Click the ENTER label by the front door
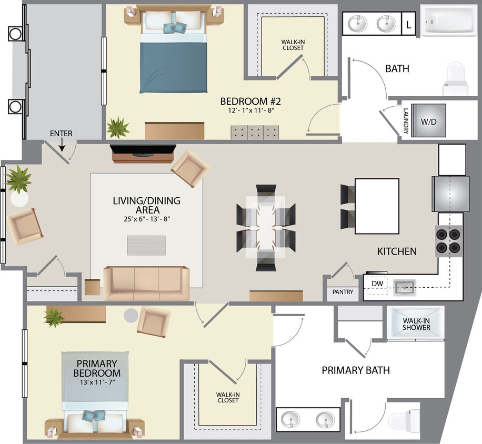(61, 134)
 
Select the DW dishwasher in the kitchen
(377, 284)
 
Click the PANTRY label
(343, 292)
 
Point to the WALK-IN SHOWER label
(416, 324)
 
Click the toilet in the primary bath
(403, 421)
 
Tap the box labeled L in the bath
(409, 24)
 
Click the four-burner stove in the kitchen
(448, 240)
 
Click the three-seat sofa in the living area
(146, 283)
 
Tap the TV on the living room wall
(143, 152)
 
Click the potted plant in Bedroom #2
(117, 127)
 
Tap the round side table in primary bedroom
(131, 315)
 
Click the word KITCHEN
(396, 252)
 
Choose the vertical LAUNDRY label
(406, 120)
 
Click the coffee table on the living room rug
(146, 245)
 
